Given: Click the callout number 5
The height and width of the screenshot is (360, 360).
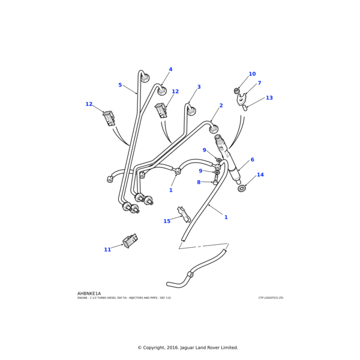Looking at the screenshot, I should coord(120,85).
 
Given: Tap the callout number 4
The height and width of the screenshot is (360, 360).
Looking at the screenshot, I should coord(170,70).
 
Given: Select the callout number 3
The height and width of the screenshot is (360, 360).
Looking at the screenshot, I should coord(199,87).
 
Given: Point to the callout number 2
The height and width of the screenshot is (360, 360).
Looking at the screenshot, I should coord(221,106).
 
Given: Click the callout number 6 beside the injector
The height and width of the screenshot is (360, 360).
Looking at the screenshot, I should coord(252,160).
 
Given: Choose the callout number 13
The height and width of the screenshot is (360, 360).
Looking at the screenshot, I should coord(269,98).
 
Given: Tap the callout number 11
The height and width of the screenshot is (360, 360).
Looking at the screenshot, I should coord(107,250).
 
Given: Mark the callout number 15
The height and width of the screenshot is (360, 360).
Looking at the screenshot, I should coord(167,221).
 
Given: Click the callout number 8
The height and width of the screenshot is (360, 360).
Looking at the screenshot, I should coord(199,182).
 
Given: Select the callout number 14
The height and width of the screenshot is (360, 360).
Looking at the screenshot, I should coord(260,175).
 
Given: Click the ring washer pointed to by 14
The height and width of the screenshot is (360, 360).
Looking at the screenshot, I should coord(242,188).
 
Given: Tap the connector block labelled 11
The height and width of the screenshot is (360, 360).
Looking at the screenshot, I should coord(130,241).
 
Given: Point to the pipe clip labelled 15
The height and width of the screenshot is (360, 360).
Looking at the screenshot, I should coord(184,213).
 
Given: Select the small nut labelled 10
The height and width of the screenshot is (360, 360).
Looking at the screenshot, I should coord(237,91).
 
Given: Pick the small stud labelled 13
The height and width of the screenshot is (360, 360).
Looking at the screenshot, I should coord(245,108).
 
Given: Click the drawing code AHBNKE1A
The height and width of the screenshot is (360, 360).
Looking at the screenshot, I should coord(89,294).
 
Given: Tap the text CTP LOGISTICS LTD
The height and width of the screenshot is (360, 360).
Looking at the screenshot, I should coord(271,298).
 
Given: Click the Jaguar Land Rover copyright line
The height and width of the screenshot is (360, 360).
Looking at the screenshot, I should coord(187,347).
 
